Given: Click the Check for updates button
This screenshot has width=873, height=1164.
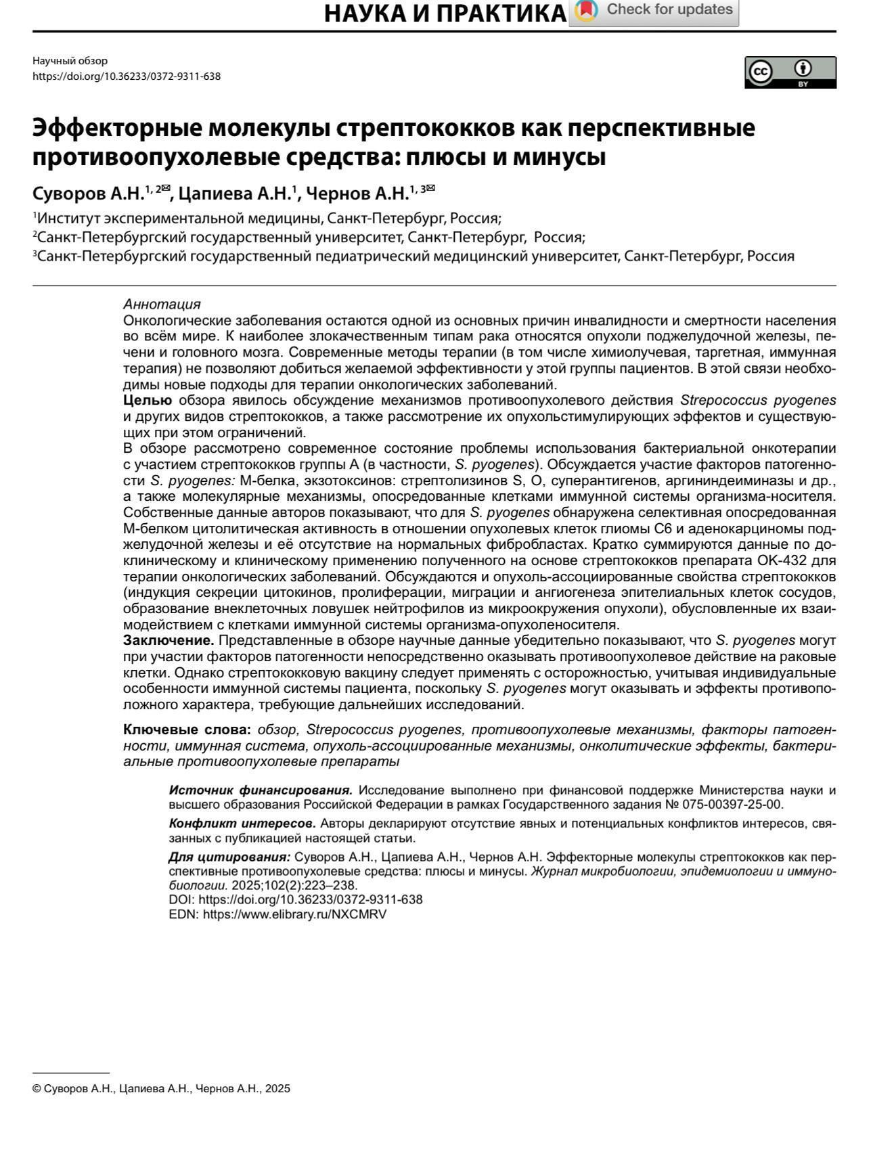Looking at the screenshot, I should (x=654, y=11).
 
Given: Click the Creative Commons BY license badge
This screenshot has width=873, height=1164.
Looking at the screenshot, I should (x=790, y=72).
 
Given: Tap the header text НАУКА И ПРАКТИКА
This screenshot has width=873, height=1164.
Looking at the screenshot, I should (x=445, y=14).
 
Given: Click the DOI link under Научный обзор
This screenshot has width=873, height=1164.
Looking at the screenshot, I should (x=127, y=76).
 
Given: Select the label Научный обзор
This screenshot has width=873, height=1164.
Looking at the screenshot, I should (x=70, y=61).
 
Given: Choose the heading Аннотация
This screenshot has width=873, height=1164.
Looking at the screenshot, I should (x=162, y=305).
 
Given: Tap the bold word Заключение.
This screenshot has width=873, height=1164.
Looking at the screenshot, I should (x=169, y=641).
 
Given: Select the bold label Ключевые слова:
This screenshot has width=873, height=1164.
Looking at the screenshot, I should (x=187, y=730).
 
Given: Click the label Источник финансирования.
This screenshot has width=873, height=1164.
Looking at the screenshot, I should (x=261, y=790).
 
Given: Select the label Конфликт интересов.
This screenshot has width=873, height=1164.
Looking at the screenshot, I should (x=242, y=824).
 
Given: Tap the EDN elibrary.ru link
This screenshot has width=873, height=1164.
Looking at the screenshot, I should (x=294, y=914).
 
